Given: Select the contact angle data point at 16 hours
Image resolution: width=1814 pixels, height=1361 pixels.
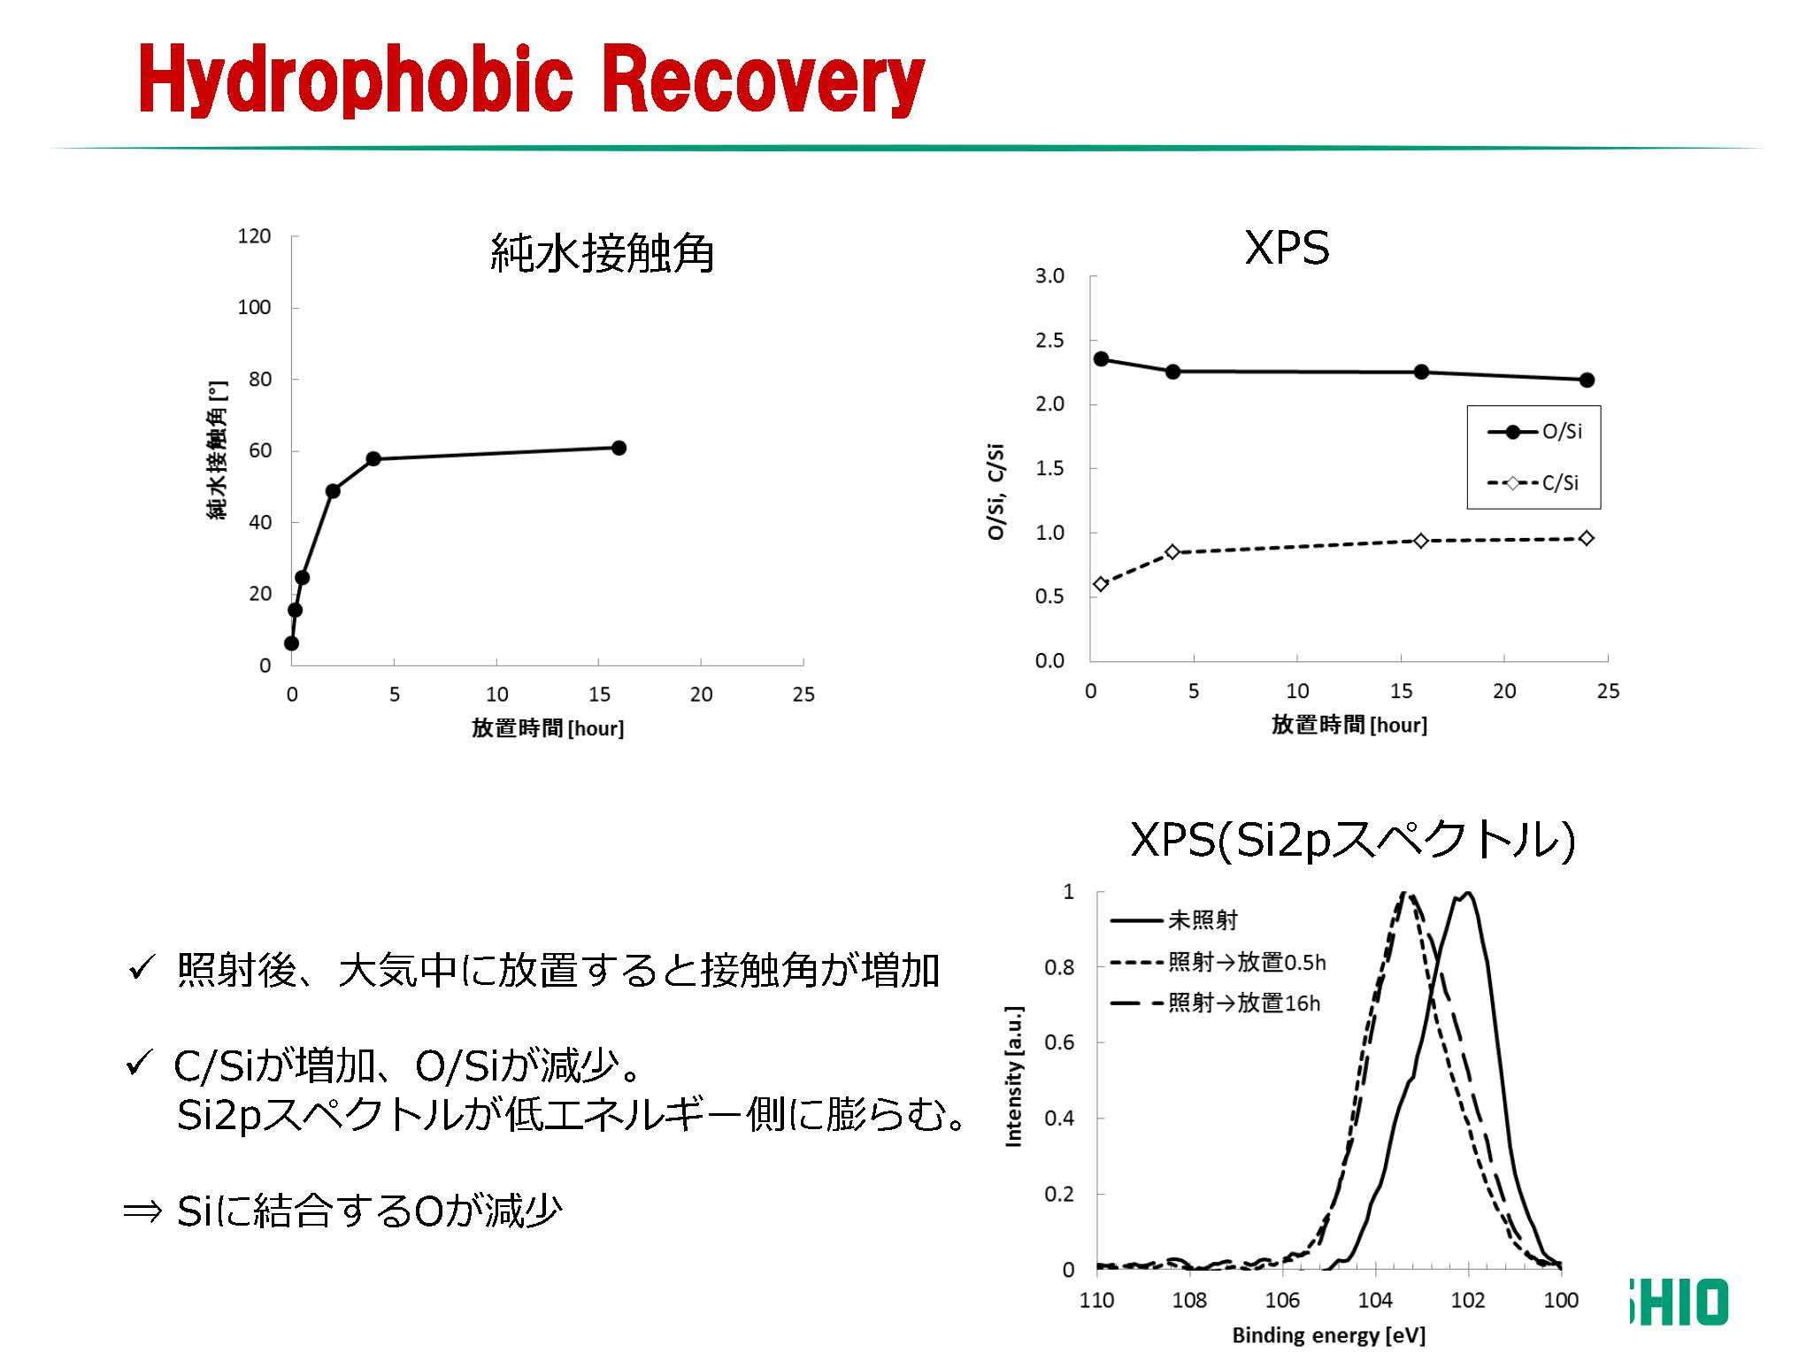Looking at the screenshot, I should pyautogui.click(x=619, y=448).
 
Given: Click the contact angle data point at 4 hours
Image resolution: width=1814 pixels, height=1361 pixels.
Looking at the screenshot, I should pyautogui.click(x=373, y=458).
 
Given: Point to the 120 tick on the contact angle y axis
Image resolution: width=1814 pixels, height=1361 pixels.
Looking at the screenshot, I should pyautogui.click(x=254, y=236).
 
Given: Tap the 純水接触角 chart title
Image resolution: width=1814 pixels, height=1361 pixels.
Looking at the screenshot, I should pyautogui.click(x=602, y=254).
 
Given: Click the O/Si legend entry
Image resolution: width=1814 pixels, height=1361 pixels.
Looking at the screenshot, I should pyautogui.click(x=1535, y=432).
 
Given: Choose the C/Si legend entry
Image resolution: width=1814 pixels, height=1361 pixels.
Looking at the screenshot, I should pyautogui.click(x=1535, y=483).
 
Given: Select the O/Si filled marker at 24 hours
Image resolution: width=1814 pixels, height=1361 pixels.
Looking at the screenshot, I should pyautogui.click(x=1587, y=380).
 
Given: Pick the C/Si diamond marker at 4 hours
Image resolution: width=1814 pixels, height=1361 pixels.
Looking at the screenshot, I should pyautogui.click(x=1172, y=552).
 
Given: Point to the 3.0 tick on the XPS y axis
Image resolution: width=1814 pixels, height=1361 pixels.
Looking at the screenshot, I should pyautogui.click(x=1049, y=276).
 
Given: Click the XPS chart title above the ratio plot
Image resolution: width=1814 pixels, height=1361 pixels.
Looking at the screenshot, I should pyautogui.click(x=1287, y=248).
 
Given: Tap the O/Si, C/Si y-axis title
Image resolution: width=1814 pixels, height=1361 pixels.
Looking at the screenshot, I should pyautogui.click(x=996, y=491).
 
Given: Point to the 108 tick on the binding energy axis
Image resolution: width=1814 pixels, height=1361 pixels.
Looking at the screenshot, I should pyautogui.click(x=1189, y=1300).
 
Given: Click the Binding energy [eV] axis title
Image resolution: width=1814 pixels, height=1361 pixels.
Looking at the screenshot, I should pyautogui.click(x=1328, y=1335).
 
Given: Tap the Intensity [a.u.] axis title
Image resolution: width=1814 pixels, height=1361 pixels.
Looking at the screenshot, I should pyautogui.click(x=1014, y=1076).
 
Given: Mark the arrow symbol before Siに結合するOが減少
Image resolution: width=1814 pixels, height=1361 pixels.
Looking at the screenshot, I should pyautogui.click(x=142, y=1211).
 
